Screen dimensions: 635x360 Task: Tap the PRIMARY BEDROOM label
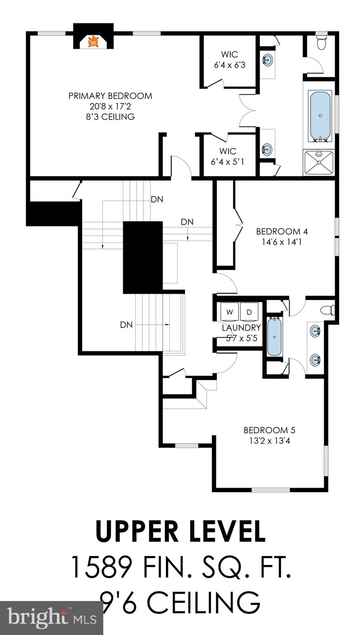pos(110,96)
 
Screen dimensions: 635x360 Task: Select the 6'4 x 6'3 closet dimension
pos(229,65)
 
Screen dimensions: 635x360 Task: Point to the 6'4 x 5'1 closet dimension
pos(227,162)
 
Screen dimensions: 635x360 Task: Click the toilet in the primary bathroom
pos(321,42)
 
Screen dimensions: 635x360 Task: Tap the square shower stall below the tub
pos(318,162)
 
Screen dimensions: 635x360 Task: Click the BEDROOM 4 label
pos(281,232)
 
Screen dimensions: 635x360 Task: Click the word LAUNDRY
pos(241,328)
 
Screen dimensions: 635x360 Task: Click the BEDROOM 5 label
pos(269,430)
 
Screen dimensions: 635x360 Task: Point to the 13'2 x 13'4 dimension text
pos(269,441)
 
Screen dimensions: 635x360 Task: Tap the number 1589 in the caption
pos(102,567)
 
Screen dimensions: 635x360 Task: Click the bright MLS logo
pos(51,618)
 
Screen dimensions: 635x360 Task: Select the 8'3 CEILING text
pos(110,117)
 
